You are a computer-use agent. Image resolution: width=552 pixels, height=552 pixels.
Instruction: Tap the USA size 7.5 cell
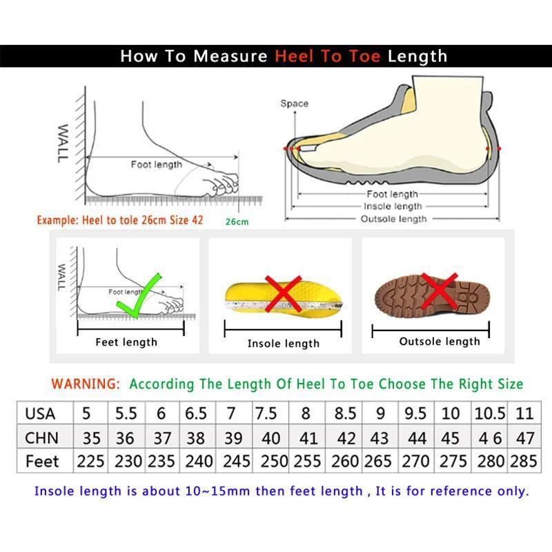tap(266, 413)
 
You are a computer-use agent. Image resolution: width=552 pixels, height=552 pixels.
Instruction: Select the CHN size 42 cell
tap(345, 437)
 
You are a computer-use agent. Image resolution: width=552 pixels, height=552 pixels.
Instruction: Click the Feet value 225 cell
tap(90, 461)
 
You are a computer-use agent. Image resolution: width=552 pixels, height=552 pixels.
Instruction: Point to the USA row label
tap(41, 413)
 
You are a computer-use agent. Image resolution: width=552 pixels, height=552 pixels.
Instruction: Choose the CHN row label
tap(41, 437)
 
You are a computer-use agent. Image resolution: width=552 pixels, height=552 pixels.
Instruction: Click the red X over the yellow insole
tap(284, 293)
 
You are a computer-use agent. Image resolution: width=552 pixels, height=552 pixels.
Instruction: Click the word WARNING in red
tap(86, 384)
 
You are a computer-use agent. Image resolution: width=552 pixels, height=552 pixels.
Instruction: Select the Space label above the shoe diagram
tap(294, 103)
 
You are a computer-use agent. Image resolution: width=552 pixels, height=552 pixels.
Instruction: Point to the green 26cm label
tap(237, 221)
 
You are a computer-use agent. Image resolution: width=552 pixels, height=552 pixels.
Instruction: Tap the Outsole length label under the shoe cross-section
tap(393, 219)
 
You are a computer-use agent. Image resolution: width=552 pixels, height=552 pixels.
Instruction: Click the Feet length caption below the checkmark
tap(126, 342)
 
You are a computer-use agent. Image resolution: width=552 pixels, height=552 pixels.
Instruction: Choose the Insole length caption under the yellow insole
tap(283, 343)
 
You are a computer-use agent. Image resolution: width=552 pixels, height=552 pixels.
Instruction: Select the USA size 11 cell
tap(524, 413)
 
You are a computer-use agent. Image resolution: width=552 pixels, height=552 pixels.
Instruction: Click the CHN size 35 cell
tap(91, 437)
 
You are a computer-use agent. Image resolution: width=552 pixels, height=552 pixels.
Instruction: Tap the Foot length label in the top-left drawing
tap(157, 164)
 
